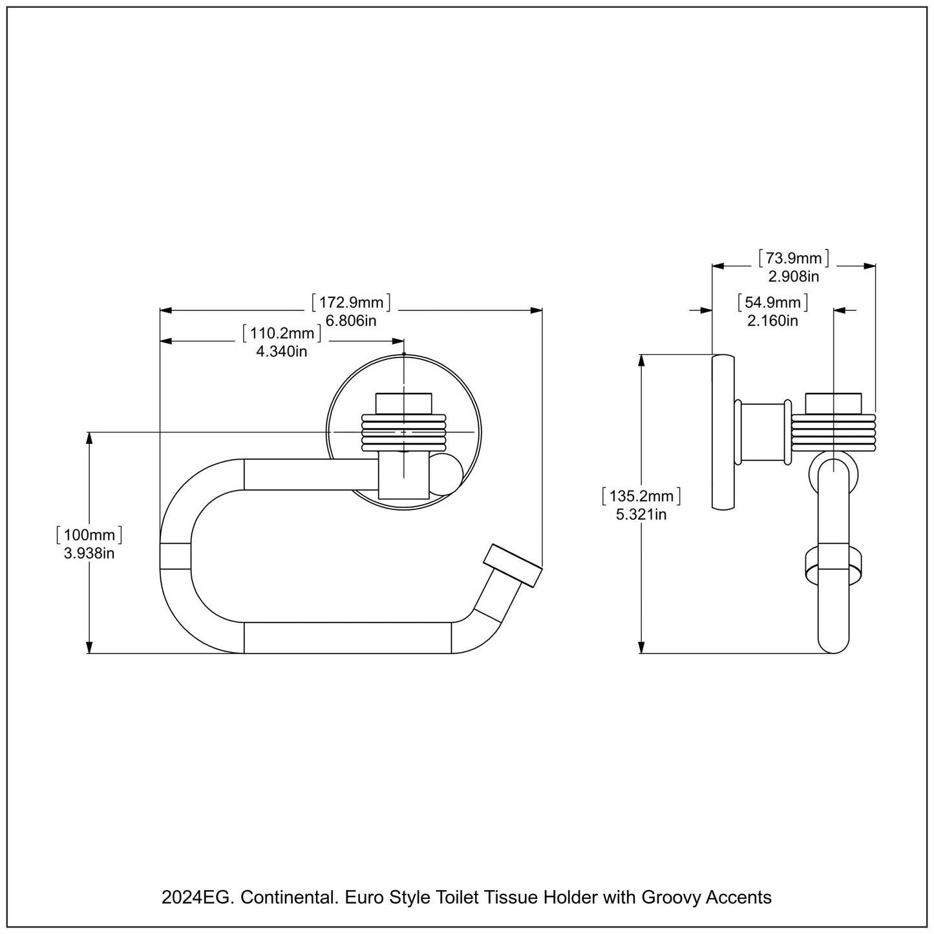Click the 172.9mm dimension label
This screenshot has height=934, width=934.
352,302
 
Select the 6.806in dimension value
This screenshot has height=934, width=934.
352,320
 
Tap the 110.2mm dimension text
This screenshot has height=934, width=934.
282,334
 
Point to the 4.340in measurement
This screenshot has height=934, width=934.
282,352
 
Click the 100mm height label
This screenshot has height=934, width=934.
89,535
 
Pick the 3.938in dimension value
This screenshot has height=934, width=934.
89,553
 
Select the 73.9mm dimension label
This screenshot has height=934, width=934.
793,259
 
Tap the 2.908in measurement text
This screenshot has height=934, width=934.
793,277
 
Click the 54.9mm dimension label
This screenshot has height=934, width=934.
772,302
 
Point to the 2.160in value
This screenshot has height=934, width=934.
772,320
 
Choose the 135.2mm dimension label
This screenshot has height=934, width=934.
641,496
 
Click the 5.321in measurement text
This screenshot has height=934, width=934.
641,515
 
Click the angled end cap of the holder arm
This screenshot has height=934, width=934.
513,566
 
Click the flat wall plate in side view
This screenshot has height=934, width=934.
723,432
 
